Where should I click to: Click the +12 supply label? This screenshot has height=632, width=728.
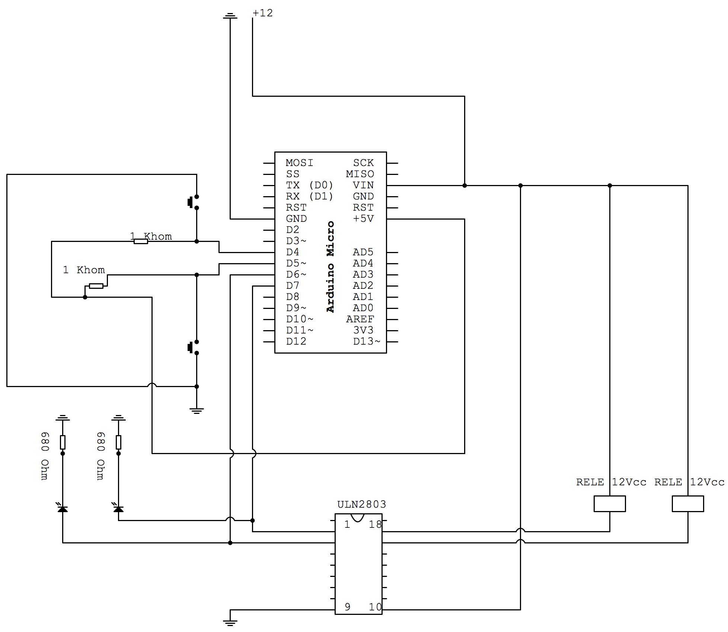tap(263, 13)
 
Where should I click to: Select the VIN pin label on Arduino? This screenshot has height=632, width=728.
tap(363, 185)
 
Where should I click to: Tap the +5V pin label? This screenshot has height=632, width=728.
tap(363, 218)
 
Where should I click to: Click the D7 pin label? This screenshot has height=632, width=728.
tap(293, 285)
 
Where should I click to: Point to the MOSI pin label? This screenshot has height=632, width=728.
tap(299, 163)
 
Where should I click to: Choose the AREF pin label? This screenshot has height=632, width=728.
tap(360, 319)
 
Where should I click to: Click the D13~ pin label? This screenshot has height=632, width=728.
tap(366, 341)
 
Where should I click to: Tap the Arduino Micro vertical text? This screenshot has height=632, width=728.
tap(331, 266)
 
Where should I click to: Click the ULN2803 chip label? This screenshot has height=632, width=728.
tap(361, 504)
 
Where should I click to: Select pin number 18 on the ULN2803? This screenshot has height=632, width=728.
tap(375, 525)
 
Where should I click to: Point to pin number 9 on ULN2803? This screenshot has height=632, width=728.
tap(347, 607)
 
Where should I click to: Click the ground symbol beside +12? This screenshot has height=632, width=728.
tap(230, 16)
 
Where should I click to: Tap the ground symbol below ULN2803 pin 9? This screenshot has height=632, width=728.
tap(230, 622)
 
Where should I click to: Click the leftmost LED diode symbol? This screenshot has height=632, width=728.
tap(63, 508)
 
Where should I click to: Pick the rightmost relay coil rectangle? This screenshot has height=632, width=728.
tap(687, 504)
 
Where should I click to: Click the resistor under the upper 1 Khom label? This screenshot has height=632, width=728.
tap(141, 241)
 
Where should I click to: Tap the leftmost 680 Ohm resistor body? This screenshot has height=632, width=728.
tap(63, 442)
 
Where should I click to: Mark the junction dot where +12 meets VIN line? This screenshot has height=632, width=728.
tap(464, 185)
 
